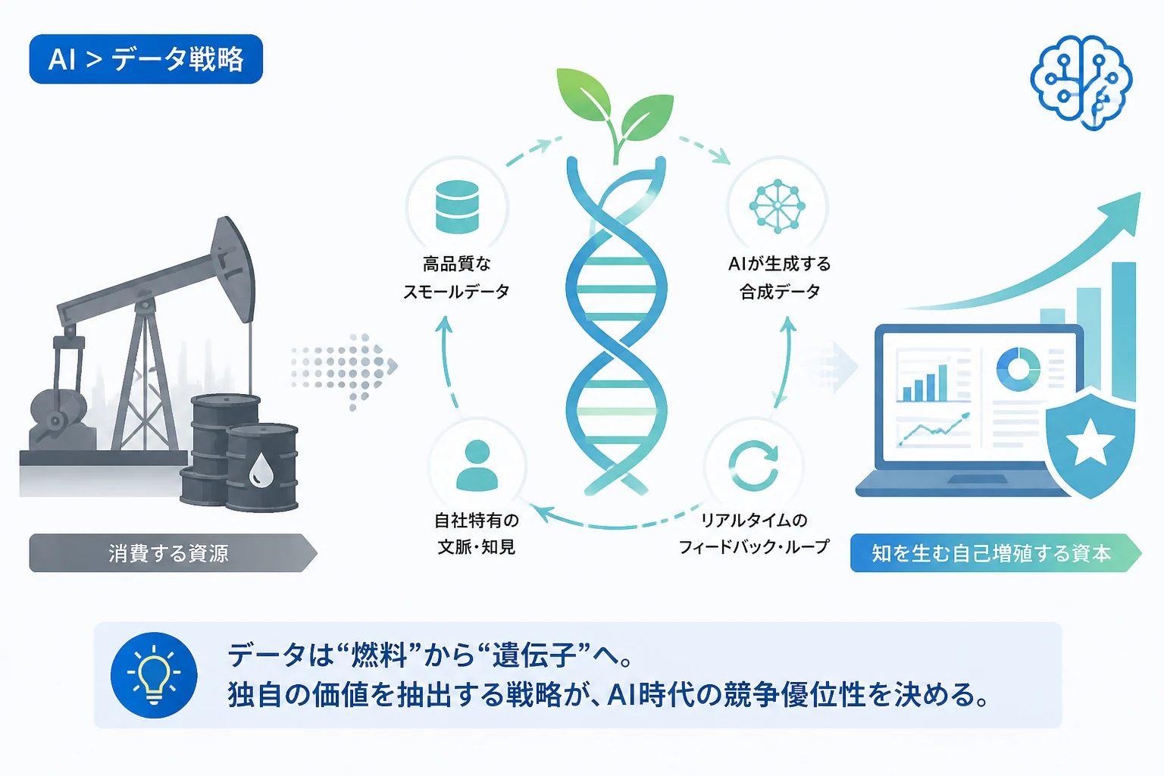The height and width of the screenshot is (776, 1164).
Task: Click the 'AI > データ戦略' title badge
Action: [x=146, y=59]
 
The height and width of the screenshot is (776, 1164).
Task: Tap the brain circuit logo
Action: [x=1081, y=82]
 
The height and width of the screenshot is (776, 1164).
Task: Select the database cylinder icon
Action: [x=457, y=207]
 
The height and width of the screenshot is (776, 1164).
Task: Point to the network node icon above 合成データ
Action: [x=778, y=206]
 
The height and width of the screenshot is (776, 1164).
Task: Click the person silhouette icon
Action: [x=477, y=465]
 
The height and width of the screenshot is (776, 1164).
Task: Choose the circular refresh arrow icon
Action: [x=753, y=466]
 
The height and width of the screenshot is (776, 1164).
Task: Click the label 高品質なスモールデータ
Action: [x=456, y=277]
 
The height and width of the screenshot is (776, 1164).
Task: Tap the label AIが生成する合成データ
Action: [x=780, y=277]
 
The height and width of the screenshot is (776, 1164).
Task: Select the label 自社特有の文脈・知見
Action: [x=477, y=533]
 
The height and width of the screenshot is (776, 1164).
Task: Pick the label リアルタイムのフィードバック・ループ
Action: [x=754, y=533]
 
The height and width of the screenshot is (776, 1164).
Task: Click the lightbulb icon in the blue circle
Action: [x=154, y=674]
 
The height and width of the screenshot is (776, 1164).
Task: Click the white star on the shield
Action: [x=1090, y=443]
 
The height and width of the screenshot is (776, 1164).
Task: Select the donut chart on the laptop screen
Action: [x=1018, y=370]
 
